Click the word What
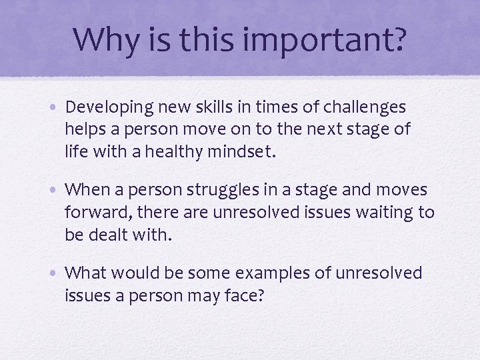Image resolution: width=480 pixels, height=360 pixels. pos(87,273)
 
